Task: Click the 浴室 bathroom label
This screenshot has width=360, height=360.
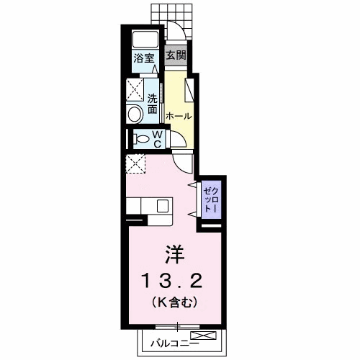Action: pyautogui.click(x=144, y=58)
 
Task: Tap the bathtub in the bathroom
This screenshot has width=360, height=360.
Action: pyautogui.click(x=145, y=39)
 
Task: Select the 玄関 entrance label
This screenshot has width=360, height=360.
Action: pyautogui.click(x=176, y=55)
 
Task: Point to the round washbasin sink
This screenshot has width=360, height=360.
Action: pyautogui.click(x=135, y=114)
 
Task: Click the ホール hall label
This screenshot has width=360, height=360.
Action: pyautogui.click(x=179, y=116)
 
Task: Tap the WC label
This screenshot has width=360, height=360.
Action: pyautogui.click(x=158, y=139)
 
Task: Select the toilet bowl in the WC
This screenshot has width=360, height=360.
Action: pyautogui.click(x=142, y=139)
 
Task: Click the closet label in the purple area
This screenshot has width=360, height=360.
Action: pyautogui.click(x=211, y=200)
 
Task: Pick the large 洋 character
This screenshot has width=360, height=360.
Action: pyautogui.click(x=174, y=254)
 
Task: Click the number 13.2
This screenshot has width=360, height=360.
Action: pyautogui.click(x=172, y=282)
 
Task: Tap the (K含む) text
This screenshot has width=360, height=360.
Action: pyautogui.click(x=174, y=302)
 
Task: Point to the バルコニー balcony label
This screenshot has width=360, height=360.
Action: pyautogui.click(x=174, y=344)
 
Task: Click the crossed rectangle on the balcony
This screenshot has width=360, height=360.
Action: pyautogui.click(x=203, y=336)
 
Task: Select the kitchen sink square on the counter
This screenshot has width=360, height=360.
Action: pyautogui.click(x=163, y=207)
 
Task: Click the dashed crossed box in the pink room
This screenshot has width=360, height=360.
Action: pyautogui.click(x=135, y=164)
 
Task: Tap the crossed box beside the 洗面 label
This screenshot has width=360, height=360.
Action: pyautogui.click(x=135, y=90)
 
